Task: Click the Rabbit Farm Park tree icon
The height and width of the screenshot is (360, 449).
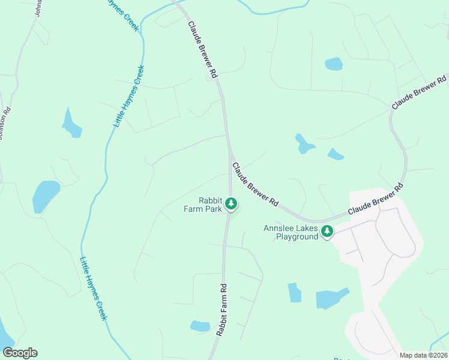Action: coord(231,205)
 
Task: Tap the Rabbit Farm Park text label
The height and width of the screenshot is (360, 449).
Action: coord(203,205)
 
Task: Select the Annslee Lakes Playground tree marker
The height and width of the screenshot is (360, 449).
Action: coord(327,231)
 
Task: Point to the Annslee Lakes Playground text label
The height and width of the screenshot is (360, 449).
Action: coord(291,232)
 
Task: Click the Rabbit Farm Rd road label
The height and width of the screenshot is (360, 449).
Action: coord(221,309)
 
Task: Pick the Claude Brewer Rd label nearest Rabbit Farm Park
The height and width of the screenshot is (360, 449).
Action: coord(256,185)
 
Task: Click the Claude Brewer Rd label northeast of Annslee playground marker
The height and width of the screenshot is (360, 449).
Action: coord(375,201)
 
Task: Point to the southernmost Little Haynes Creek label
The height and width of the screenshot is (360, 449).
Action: coord(94,288)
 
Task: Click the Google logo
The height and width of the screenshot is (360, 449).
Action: coord(20,353)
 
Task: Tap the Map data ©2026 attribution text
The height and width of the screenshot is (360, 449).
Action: coord(423,355)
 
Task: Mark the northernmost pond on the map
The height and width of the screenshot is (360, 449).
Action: coord(333,64)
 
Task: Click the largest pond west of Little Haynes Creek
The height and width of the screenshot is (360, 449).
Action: coord(46,196)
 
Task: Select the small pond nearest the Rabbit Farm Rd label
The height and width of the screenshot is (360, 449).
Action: coord(200,326)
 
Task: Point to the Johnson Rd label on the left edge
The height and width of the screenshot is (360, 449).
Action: coord(5,124)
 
